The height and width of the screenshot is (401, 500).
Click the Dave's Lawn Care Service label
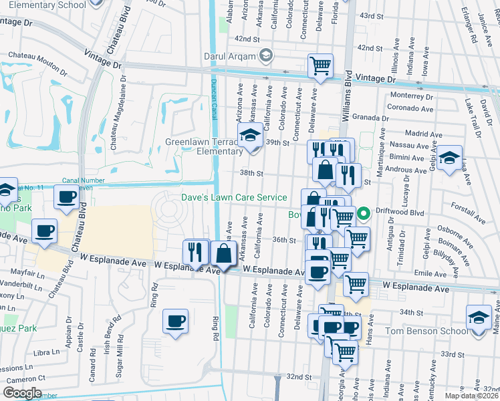tap(234, 197)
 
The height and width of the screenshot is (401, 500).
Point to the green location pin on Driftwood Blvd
tap(364, 214)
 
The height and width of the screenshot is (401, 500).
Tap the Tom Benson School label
tap(425, 331)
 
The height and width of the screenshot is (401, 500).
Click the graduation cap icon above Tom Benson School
tap(479, 317)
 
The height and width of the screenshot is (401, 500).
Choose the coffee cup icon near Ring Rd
tap(176, 321)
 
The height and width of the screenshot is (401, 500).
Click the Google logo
tap(22, 393)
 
